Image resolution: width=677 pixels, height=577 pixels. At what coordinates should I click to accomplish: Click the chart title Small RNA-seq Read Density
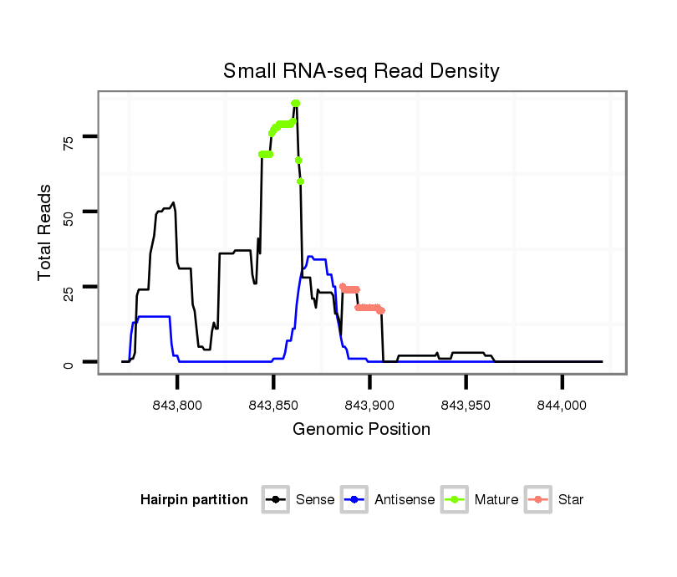[x=361, y=71]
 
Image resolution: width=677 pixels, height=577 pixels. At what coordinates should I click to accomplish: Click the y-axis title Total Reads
[x=46, y=232]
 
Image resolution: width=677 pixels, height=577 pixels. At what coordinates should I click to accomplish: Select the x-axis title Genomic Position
[x=361, y=430]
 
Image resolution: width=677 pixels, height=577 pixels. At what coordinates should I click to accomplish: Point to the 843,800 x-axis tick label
[x=178, y=404]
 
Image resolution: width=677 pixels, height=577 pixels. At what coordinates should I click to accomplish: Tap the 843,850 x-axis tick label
[x=274, y=404]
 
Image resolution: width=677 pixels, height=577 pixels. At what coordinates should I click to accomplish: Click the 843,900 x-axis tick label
[x=369, y=404]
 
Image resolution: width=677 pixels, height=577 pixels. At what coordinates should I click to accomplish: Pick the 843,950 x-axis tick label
[x=466, y=404]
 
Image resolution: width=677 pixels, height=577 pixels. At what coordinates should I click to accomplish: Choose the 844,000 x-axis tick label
[x=562, y=404]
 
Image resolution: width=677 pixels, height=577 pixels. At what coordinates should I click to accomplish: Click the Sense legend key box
[x=276, y=500]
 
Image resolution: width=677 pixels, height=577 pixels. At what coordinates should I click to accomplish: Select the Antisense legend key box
[x=355, y=500]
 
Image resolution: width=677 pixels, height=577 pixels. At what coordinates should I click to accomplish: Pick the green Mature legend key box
[x=456, y=500]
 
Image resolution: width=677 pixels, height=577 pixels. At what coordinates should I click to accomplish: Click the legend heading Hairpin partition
[x=194, y=500]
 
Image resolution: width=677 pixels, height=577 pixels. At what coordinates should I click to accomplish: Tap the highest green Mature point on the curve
[x=295, y=103]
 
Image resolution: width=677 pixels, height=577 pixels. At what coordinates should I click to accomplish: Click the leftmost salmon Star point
[x=342, y=286]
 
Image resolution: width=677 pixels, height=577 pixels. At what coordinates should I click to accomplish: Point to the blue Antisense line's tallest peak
[x=310, y=258]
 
